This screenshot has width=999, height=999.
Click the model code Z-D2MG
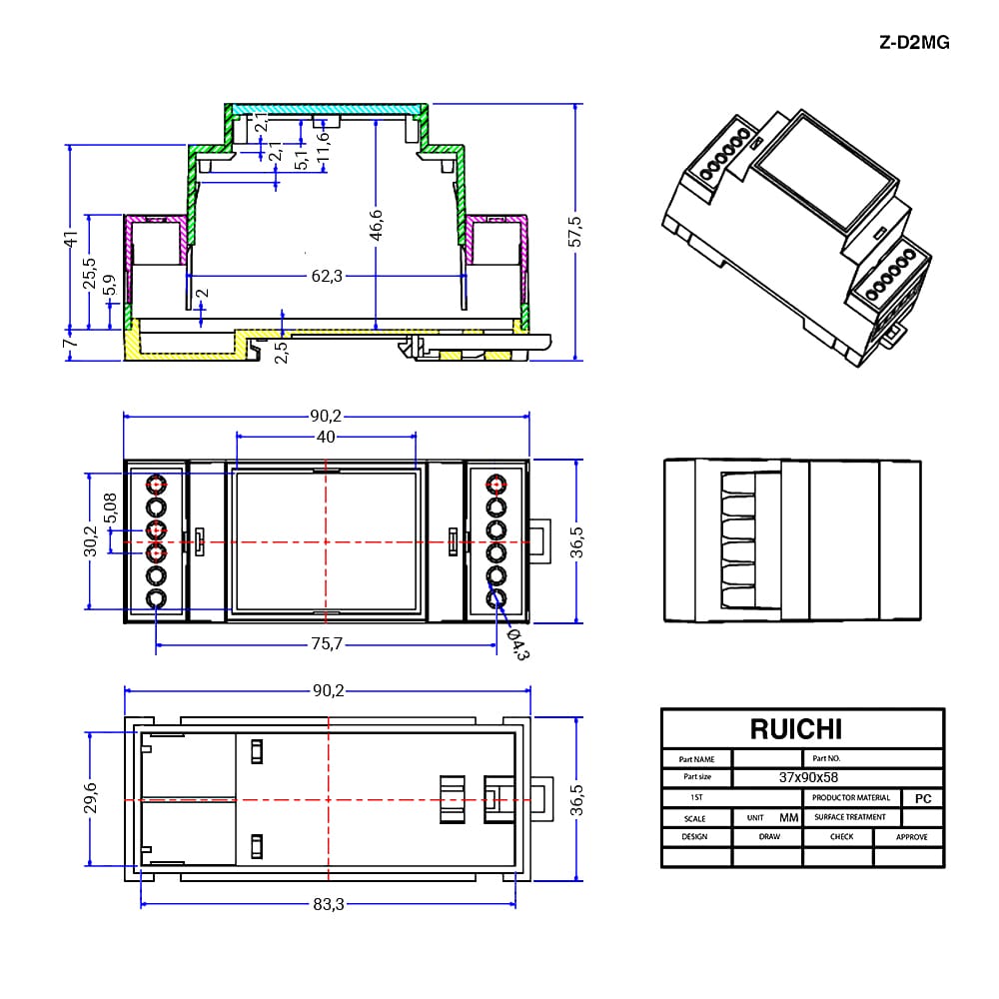pyautogui.click(x=914, y=43)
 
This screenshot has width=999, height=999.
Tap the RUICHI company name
pyautogui.click(x=796, y=729)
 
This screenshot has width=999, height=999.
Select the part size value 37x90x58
pyautogui.click(x=808, y=777)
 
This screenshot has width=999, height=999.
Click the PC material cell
pyautogui.click(x=923, y=798)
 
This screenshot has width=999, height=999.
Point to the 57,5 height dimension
pyautogui.click(x=574, y=232)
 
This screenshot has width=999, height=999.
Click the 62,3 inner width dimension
pyautogui.click(x=327, y=276)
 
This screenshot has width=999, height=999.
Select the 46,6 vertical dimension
pyautogui.click(x=376, y=226)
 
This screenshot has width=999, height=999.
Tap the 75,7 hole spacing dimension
pyautogui.click(x=327, y=644)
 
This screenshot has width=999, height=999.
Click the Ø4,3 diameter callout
pyautogui.click(x=517, y=644)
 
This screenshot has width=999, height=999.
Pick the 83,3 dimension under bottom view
pyautogui.click(x=328, y=904)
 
